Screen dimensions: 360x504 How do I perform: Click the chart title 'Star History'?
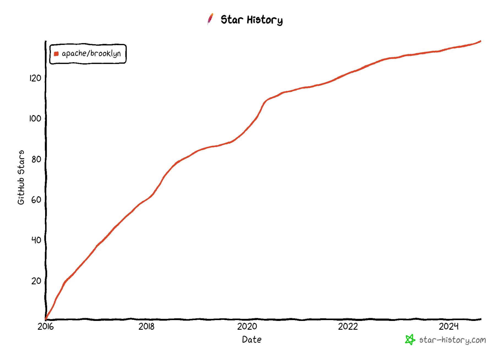251,20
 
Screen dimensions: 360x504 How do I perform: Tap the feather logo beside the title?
210,19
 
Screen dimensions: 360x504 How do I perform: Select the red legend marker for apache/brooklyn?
56,54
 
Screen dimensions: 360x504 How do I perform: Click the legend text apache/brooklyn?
91,53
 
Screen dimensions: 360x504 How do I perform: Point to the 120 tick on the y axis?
35,78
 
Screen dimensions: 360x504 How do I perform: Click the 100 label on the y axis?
35,119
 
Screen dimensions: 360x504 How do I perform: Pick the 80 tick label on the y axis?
36,159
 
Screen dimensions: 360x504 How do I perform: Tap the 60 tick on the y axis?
36,200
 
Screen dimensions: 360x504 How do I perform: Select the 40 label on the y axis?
36,240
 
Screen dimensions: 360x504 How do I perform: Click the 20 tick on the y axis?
36,281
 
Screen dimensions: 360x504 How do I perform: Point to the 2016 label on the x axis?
46,327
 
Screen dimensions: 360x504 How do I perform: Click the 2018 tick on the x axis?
146,327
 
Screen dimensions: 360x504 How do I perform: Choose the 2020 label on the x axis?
247,327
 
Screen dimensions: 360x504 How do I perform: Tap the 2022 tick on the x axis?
348,327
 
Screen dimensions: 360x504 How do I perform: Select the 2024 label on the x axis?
449,327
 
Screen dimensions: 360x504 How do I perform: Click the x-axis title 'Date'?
252,340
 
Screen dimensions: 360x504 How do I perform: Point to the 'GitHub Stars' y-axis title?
21,178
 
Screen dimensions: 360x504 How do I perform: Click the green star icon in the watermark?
410,340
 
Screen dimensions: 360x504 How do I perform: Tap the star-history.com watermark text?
453,340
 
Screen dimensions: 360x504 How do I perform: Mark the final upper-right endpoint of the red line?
480,41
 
